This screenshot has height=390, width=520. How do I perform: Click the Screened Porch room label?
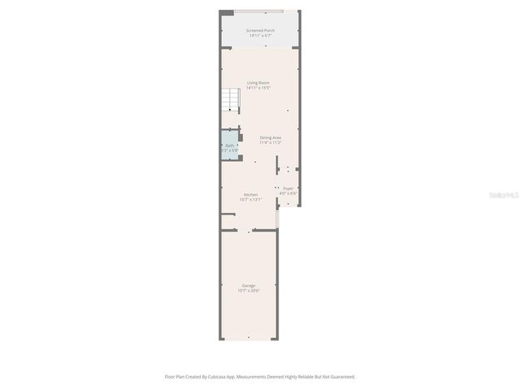(x=261, y=31)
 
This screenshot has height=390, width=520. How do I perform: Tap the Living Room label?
(x=258, y=83)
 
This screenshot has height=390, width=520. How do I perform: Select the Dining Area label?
(x=271, y=137)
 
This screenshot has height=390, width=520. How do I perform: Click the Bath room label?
(x=230, y=145)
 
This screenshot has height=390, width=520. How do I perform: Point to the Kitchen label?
(x=250, y=194)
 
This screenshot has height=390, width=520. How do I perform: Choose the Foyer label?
(x=288, y=188)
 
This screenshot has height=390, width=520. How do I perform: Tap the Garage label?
(x=249, y=285)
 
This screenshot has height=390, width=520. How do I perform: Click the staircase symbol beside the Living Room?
(x=232, y=102)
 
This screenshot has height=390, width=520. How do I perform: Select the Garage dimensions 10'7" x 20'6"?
(x=249, y=290)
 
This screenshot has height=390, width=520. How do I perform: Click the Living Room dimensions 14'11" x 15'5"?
(x=258, y=88)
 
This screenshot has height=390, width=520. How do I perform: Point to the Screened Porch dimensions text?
(x=261, y=36)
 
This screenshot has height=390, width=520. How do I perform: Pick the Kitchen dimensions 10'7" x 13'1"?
(x=250, y=199)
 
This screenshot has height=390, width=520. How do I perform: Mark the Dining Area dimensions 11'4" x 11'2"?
(x=271, y=142)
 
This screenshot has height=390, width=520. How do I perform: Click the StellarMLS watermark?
(x=500, y=196)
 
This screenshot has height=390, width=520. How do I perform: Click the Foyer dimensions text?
(x=288, y=193)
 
